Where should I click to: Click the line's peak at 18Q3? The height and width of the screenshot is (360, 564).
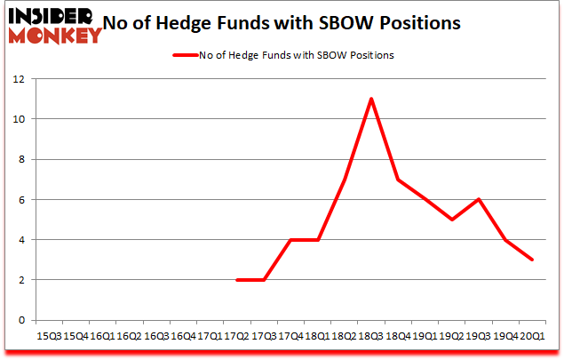[370, 99]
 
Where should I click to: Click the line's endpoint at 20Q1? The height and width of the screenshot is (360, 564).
[531, 260]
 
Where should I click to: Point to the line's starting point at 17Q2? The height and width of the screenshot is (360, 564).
[236, 280]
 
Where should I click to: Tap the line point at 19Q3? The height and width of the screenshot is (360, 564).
[478, 199]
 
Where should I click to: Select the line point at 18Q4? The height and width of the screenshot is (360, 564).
[397, 180]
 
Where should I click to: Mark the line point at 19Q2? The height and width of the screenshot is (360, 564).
[451, 220]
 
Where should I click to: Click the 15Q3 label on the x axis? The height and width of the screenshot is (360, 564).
[48, 336]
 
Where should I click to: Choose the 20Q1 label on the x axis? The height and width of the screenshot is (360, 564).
[531, 336]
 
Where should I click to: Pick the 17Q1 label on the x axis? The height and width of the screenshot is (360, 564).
[210, 336]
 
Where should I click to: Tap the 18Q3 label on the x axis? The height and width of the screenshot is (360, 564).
[370, 336]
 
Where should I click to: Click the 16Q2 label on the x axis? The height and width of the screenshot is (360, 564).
[129, 336]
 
